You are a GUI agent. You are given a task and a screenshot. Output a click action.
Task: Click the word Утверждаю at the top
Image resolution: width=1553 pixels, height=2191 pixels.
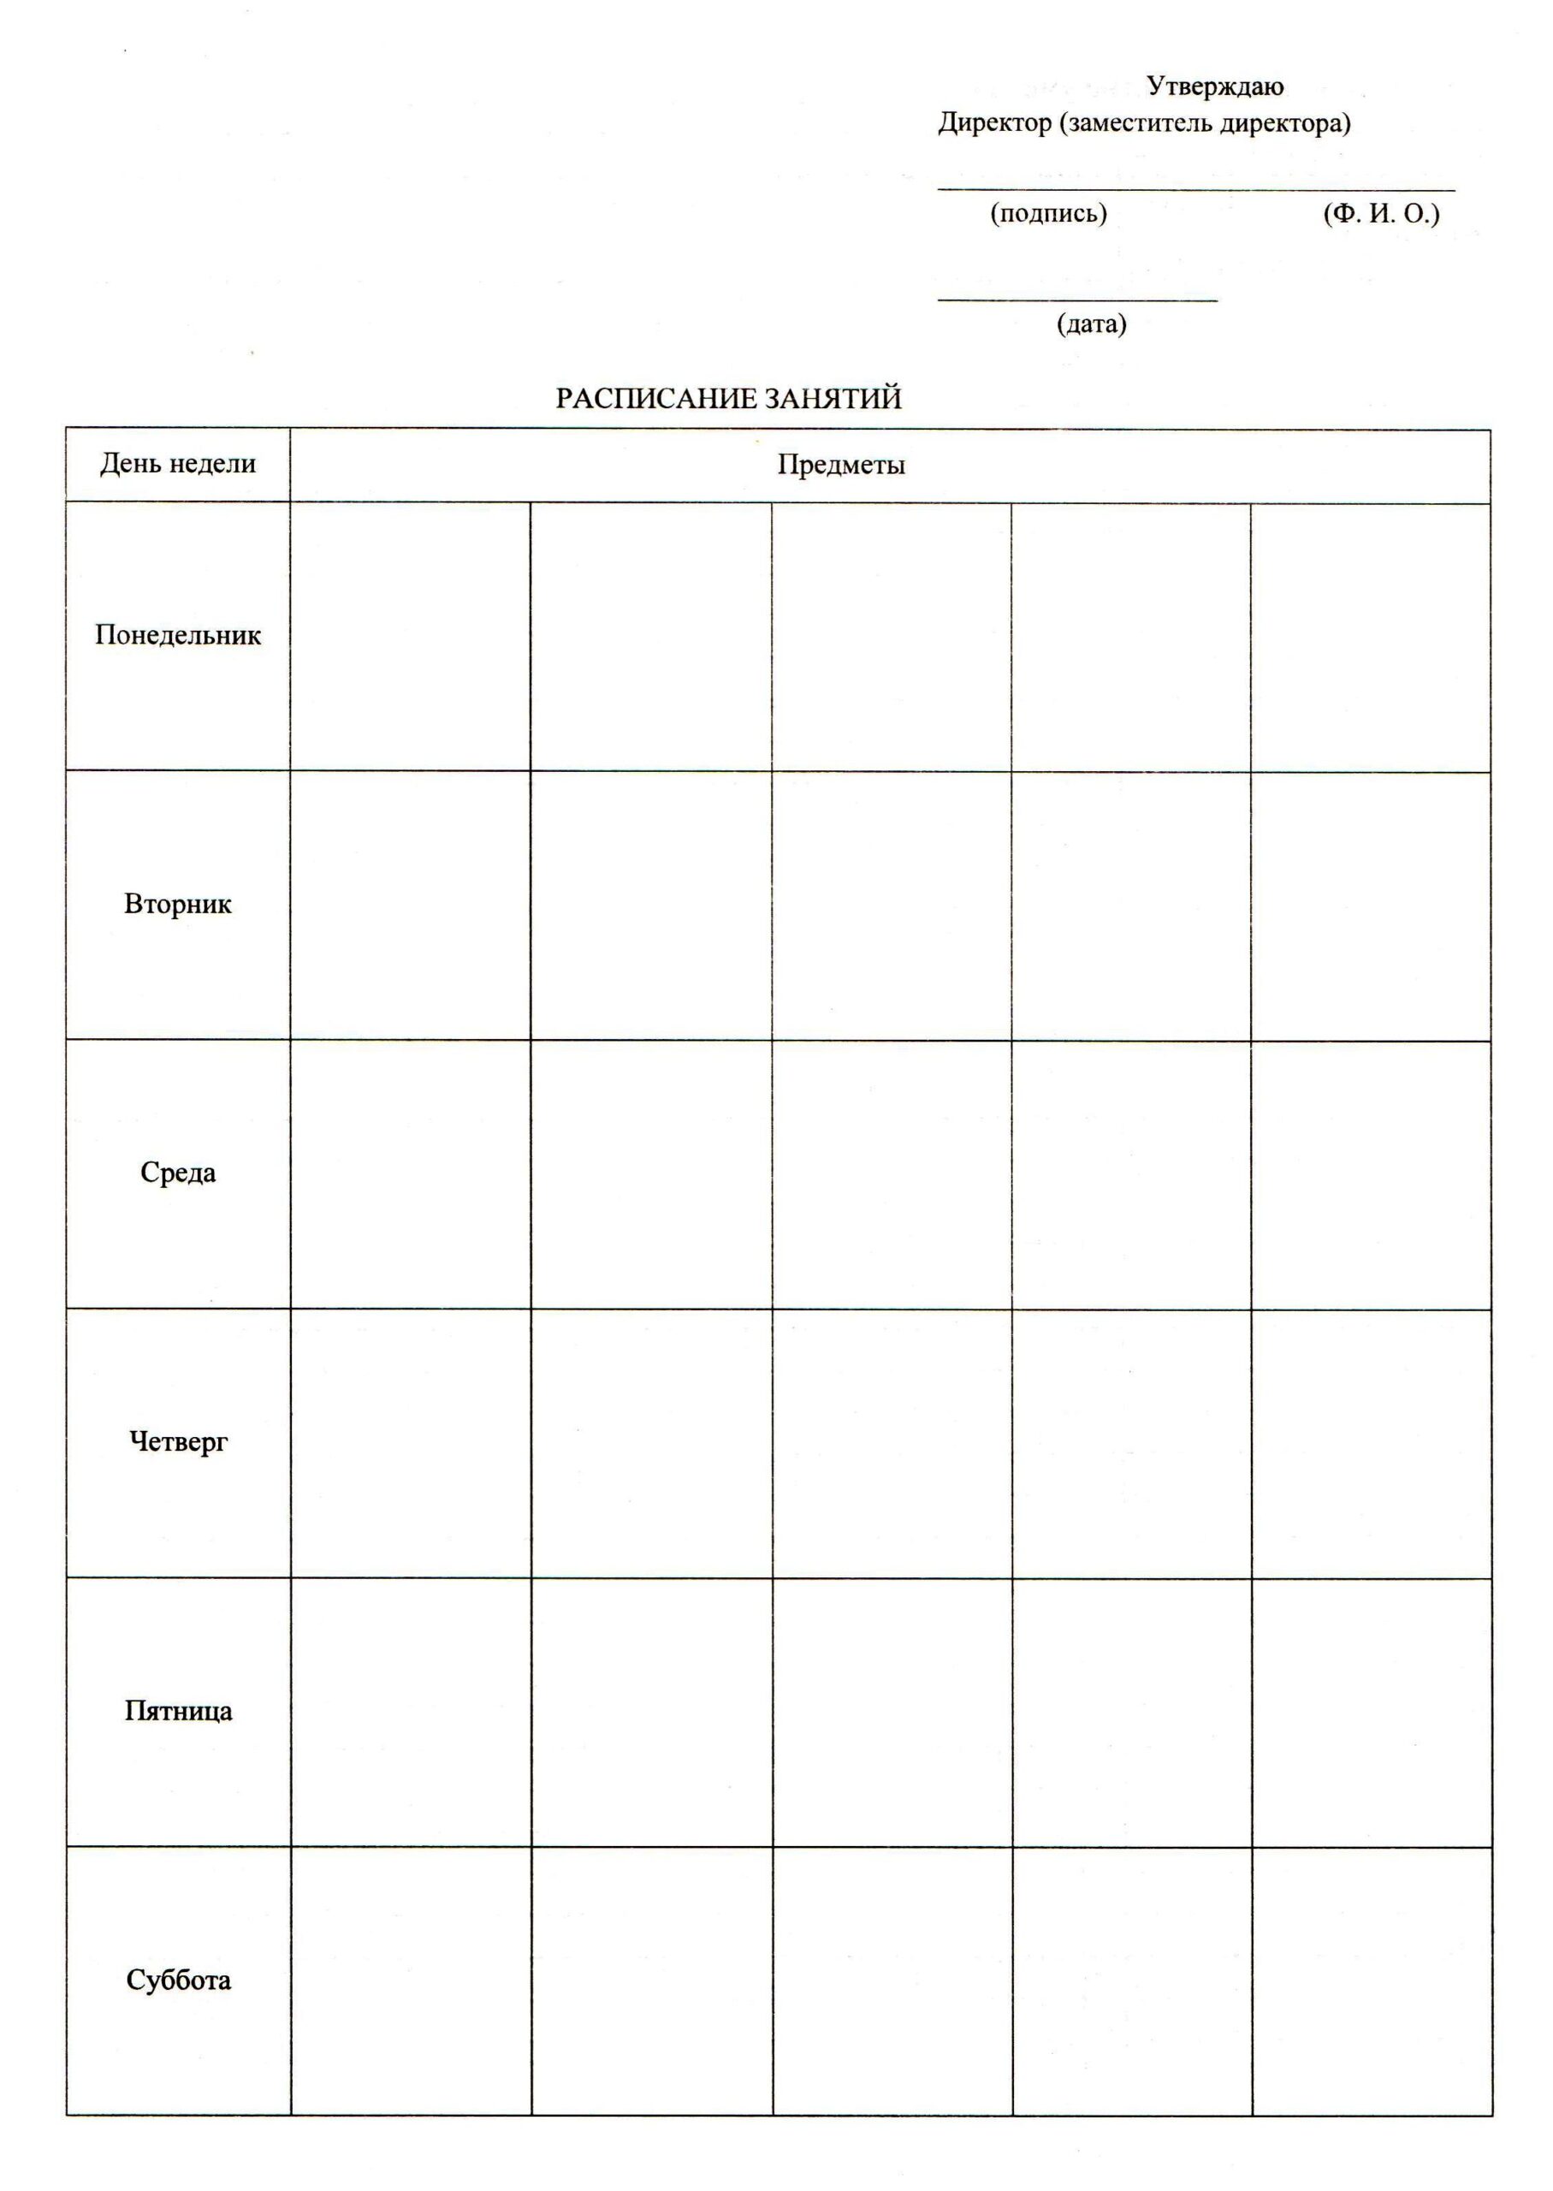1214,87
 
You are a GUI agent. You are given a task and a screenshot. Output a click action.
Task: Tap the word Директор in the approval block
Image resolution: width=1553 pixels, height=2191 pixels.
993,123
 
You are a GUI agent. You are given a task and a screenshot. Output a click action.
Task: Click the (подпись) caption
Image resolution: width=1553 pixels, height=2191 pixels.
1048,213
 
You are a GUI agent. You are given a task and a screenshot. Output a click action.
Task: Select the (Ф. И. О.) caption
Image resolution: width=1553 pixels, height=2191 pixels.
1381,213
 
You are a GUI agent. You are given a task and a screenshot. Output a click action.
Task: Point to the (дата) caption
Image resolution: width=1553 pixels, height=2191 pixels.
1091,324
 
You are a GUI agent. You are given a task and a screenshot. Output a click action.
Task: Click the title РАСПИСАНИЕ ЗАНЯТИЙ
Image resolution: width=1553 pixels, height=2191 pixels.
729,399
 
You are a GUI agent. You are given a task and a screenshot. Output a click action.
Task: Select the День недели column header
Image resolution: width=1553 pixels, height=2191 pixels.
178,464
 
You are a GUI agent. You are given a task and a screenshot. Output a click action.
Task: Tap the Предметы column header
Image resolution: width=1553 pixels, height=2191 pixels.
840,465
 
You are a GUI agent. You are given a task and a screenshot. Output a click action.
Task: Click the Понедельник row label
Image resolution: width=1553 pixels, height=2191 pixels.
178,635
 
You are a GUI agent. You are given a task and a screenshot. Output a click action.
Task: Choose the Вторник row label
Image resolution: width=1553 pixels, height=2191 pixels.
178,904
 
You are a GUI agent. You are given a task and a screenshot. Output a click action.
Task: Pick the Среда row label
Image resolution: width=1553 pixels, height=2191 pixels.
178,1173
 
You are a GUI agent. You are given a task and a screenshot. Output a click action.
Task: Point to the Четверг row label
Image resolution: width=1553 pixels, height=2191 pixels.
178,1441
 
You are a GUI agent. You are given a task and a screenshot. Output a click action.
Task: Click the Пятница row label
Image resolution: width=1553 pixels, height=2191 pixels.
178,1711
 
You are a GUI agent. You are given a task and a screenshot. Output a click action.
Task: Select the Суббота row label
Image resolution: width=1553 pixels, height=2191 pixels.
178,1980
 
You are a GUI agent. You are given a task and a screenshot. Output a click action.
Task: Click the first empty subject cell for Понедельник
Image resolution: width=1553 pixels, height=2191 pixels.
410,636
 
